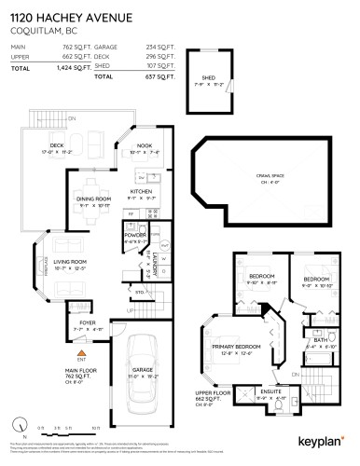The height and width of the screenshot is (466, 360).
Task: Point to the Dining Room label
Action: [x=92, y=198]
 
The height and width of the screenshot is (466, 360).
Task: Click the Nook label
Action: [x=143, y=147]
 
